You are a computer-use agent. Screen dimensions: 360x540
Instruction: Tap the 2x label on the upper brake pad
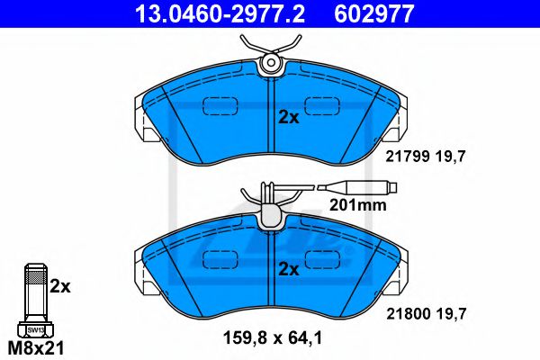288,117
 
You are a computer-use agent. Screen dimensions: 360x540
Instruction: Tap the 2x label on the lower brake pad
288,269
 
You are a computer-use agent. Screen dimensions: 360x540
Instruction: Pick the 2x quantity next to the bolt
59,287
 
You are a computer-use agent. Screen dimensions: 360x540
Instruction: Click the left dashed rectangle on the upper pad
217,107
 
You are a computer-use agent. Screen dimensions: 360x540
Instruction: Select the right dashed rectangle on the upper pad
322,107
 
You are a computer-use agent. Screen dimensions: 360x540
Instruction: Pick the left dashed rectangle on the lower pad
217,260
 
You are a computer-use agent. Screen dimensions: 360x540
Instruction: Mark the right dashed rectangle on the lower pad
322,260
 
